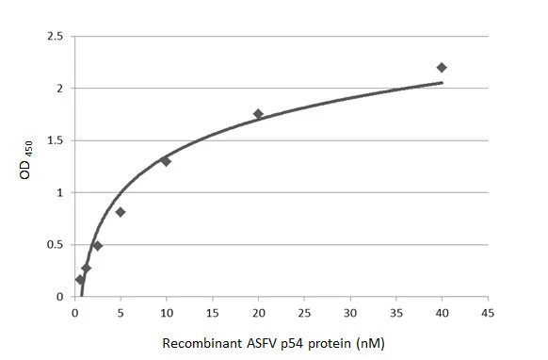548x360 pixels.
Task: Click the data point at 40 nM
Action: pos(442,67)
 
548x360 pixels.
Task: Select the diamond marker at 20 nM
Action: pos(258,114)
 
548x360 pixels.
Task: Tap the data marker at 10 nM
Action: pos(166,161)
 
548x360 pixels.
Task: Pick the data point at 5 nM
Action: pos(121,212)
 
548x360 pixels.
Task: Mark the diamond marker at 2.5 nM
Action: pos(97,246)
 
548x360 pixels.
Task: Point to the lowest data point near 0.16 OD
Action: pos(80,280)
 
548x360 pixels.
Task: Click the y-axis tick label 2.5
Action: pos(56,37)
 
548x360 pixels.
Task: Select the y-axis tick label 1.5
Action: pos(56,140)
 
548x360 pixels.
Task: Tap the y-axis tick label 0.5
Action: pos(56,245)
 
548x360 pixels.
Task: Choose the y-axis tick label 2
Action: pos(60,89)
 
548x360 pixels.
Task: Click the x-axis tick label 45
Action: pos(487,312)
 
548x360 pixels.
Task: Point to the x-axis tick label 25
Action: pos(303,312)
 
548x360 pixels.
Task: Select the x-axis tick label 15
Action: pos(212,312)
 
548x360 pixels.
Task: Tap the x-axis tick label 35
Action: pos(395,312)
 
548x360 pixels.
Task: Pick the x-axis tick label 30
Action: pos(349,312)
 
